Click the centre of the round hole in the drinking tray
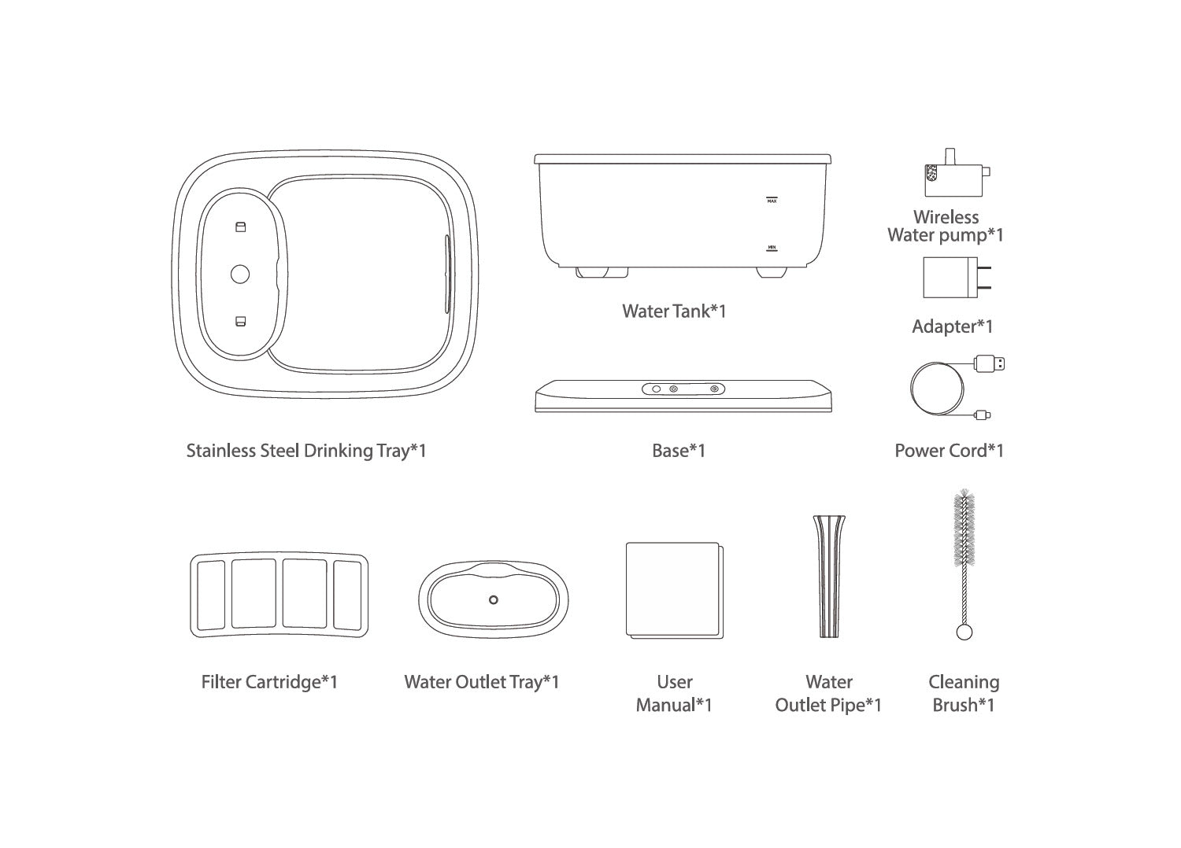click(x=240, y=274)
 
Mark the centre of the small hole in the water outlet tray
click(x=494, y=599)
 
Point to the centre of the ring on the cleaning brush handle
click(x=964, y=632)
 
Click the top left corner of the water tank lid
click(x=535, y=155)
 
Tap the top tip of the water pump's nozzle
click(x=950, y=149)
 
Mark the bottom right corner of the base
click(x=832, y=411)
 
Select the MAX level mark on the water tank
click(x=772, y=200)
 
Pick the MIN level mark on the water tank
click(x=772, y=248)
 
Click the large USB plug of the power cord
click(x=990, y=363)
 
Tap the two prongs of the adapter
click(x=984, y=278)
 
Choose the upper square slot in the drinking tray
click(x=240, y=227)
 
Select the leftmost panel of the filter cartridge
click(x=211, y=595)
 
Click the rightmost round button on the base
click(x=714, y=389)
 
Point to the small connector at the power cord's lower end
click(x=983, y=415)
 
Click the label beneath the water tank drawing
click(x=674, y=311)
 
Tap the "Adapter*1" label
click(x=952, y=326)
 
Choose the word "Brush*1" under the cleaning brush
click(x=964, y=705)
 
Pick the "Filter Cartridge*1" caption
click(x=269, y=682)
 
